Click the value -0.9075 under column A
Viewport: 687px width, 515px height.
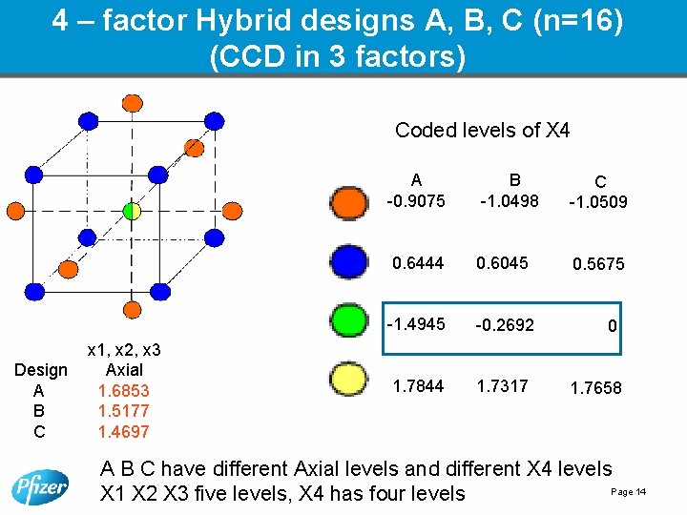[415, 200]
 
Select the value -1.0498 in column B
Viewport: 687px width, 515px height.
[510, 200]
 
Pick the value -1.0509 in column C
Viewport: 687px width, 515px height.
[597, 202]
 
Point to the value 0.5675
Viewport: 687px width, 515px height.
[598, 264]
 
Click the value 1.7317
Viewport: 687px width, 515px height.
[504, 385]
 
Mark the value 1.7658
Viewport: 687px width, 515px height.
[595, 388]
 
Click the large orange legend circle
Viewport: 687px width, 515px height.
[347, 201]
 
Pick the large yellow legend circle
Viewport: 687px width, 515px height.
[347, 382]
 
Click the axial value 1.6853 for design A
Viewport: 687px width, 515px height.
[123, 390]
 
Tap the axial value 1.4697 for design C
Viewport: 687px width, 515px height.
[123, 432]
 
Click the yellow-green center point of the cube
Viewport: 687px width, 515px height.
[132, 210]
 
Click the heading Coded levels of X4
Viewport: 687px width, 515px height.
[482, 131]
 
